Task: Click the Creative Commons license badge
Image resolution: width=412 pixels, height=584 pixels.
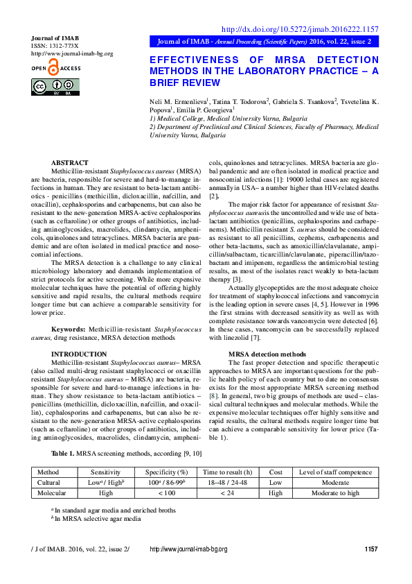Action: pos(55,87)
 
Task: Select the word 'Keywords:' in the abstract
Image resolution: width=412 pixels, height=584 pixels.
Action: pos(69,329)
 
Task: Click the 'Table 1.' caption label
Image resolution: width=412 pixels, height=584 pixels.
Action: pos(64,453)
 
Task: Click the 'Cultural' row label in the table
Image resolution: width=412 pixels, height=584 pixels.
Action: pos(48,482)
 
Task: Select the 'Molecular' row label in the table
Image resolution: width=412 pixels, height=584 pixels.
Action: pos(51,493)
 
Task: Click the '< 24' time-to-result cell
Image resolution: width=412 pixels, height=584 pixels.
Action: pos(227,493)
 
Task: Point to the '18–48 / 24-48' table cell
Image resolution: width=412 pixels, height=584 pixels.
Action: pos(227,482)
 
